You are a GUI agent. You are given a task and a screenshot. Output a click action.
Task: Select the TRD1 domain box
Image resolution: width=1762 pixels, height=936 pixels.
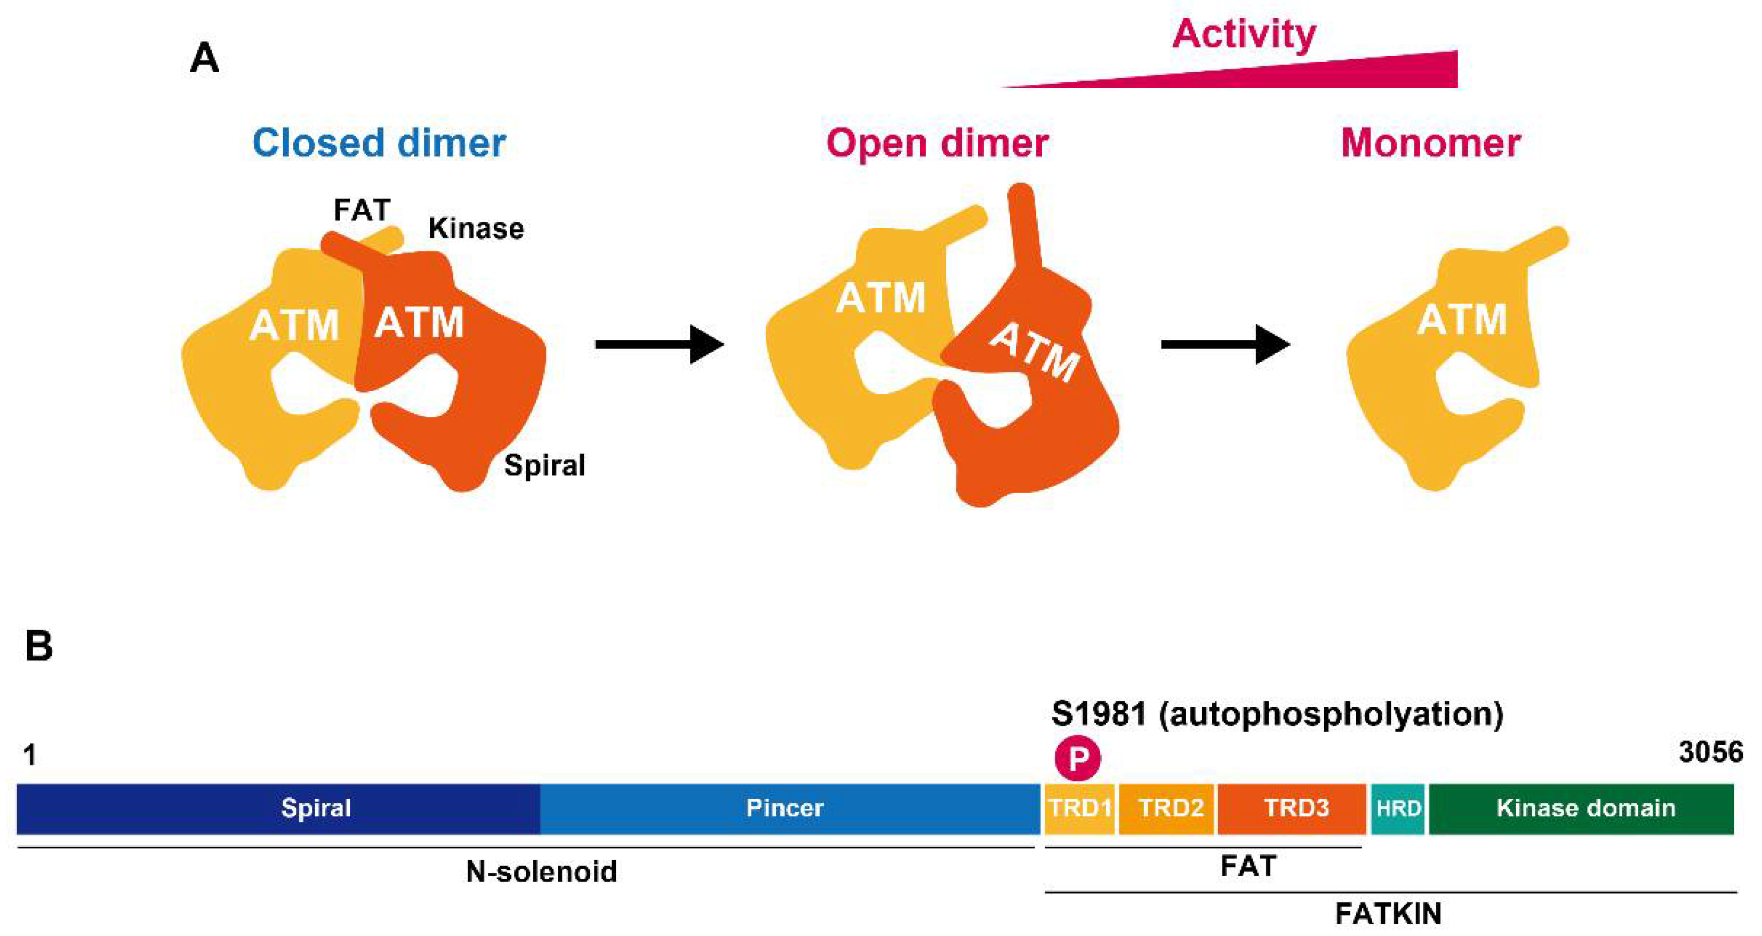(x=1079, y=809)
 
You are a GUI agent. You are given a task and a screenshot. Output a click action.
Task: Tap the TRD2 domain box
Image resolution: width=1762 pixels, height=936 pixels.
(x=1167, y=809)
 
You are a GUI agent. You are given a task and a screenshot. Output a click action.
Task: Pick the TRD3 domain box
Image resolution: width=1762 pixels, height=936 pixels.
(x=1292, y=809)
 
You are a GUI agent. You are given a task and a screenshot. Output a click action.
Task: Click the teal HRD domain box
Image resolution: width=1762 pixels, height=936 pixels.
(x=1398, y=809)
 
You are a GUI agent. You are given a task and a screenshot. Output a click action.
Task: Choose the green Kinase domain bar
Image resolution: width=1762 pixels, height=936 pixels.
(x=1581, y=809)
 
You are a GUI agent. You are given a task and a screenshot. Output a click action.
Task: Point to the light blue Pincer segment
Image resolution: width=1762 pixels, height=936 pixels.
(x=787, y=809)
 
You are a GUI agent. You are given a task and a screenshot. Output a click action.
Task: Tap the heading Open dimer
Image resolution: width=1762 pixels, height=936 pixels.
(x=936, y=143)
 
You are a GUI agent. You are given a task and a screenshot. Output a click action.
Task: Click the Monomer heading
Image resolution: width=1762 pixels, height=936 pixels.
(x=1430, y=143)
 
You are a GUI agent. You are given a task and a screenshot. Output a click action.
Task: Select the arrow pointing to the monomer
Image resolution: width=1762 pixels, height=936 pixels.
(x=1224, y=344)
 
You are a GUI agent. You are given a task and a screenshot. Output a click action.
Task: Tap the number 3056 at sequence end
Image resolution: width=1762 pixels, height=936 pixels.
(x=1711, y=752)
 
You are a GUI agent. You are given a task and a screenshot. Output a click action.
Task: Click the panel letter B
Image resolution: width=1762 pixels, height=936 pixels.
(x=38, y=646)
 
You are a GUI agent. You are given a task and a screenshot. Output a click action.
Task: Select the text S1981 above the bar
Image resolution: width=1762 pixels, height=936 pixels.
(x=1099, y=713)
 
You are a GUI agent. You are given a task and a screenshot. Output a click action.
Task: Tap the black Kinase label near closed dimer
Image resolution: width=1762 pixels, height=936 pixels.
(x=475, y=228)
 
